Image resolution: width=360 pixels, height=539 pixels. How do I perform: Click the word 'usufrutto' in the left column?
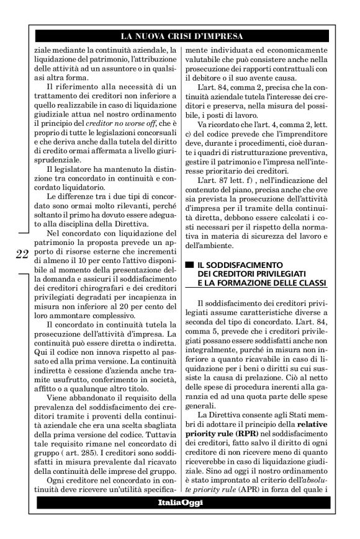tap(63, 375)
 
